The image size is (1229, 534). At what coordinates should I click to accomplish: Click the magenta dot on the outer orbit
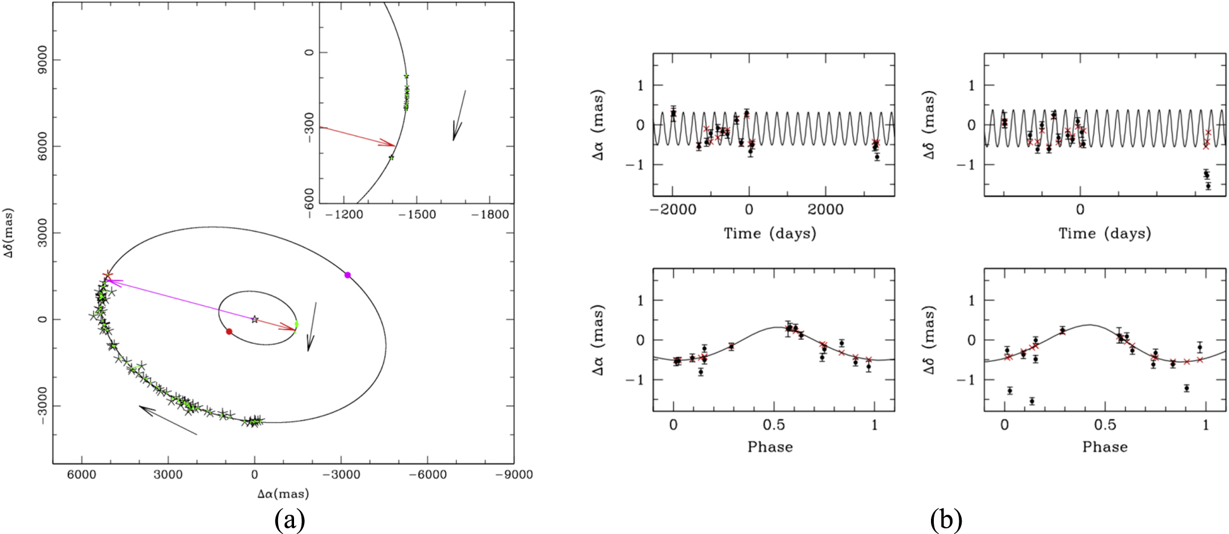[348, 275]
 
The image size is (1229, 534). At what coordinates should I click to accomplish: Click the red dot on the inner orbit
[229, 331]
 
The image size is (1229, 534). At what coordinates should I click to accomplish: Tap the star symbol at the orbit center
[255, 319]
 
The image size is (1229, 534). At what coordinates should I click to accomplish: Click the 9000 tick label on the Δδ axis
[42, 60]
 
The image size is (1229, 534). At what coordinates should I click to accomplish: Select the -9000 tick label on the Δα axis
[513, 474]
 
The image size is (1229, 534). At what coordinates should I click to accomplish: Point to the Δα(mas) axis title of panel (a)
[283, 494]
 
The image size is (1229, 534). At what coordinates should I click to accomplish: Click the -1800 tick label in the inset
[490, 215]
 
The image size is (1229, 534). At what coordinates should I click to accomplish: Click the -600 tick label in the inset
[309, 200]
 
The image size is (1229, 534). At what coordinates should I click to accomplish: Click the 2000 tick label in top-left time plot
[825, 210]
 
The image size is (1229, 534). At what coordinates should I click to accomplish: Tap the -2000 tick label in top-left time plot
[673, 210]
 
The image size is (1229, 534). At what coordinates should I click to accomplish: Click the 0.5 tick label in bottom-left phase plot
[774, 424]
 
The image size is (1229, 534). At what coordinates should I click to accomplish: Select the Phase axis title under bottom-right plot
[1105, 447]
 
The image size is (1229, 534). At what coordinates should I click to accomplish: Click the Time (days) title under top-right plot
[1105, 233]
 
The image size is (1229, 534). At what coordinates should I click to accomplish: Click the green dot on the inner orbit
[296, 324]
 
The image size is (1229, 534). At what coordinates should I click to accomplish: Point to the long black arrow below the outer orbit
[168, 420]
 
